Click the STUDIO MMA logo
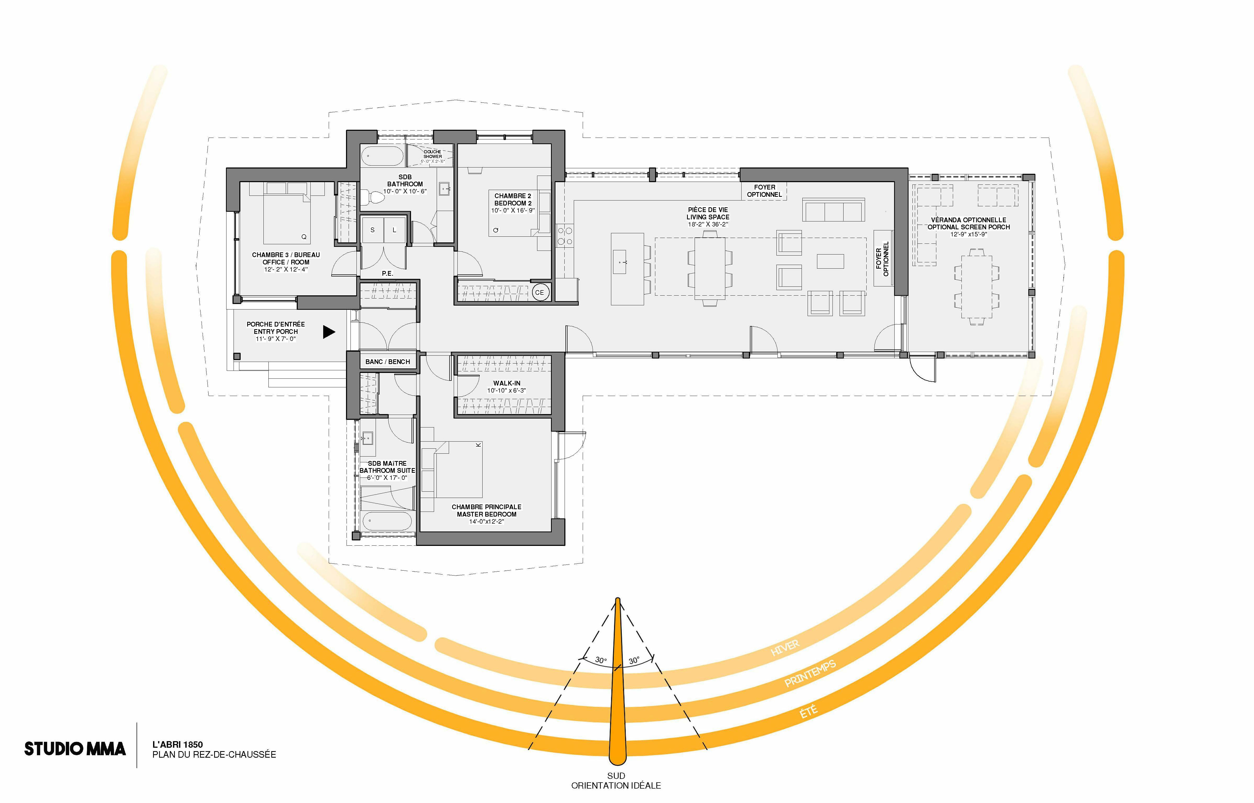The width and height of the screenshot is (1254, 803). point(75,749)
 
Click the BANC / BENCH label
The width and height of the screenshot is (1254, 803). point(387,361)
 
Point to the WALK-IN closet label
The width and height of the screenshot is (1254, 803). point(507,383)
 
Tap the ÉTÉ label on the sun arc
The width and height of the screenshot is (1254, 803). point(809,711)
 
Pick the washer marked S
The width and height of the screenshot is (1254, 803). point(372,230)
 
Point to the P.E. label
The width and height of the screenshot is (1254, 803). point(387,273)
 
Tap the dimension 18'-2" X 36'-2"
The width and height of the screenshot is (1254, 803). point(707,224)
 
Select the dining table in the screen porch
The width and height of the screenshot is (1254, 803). point(977,286)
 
